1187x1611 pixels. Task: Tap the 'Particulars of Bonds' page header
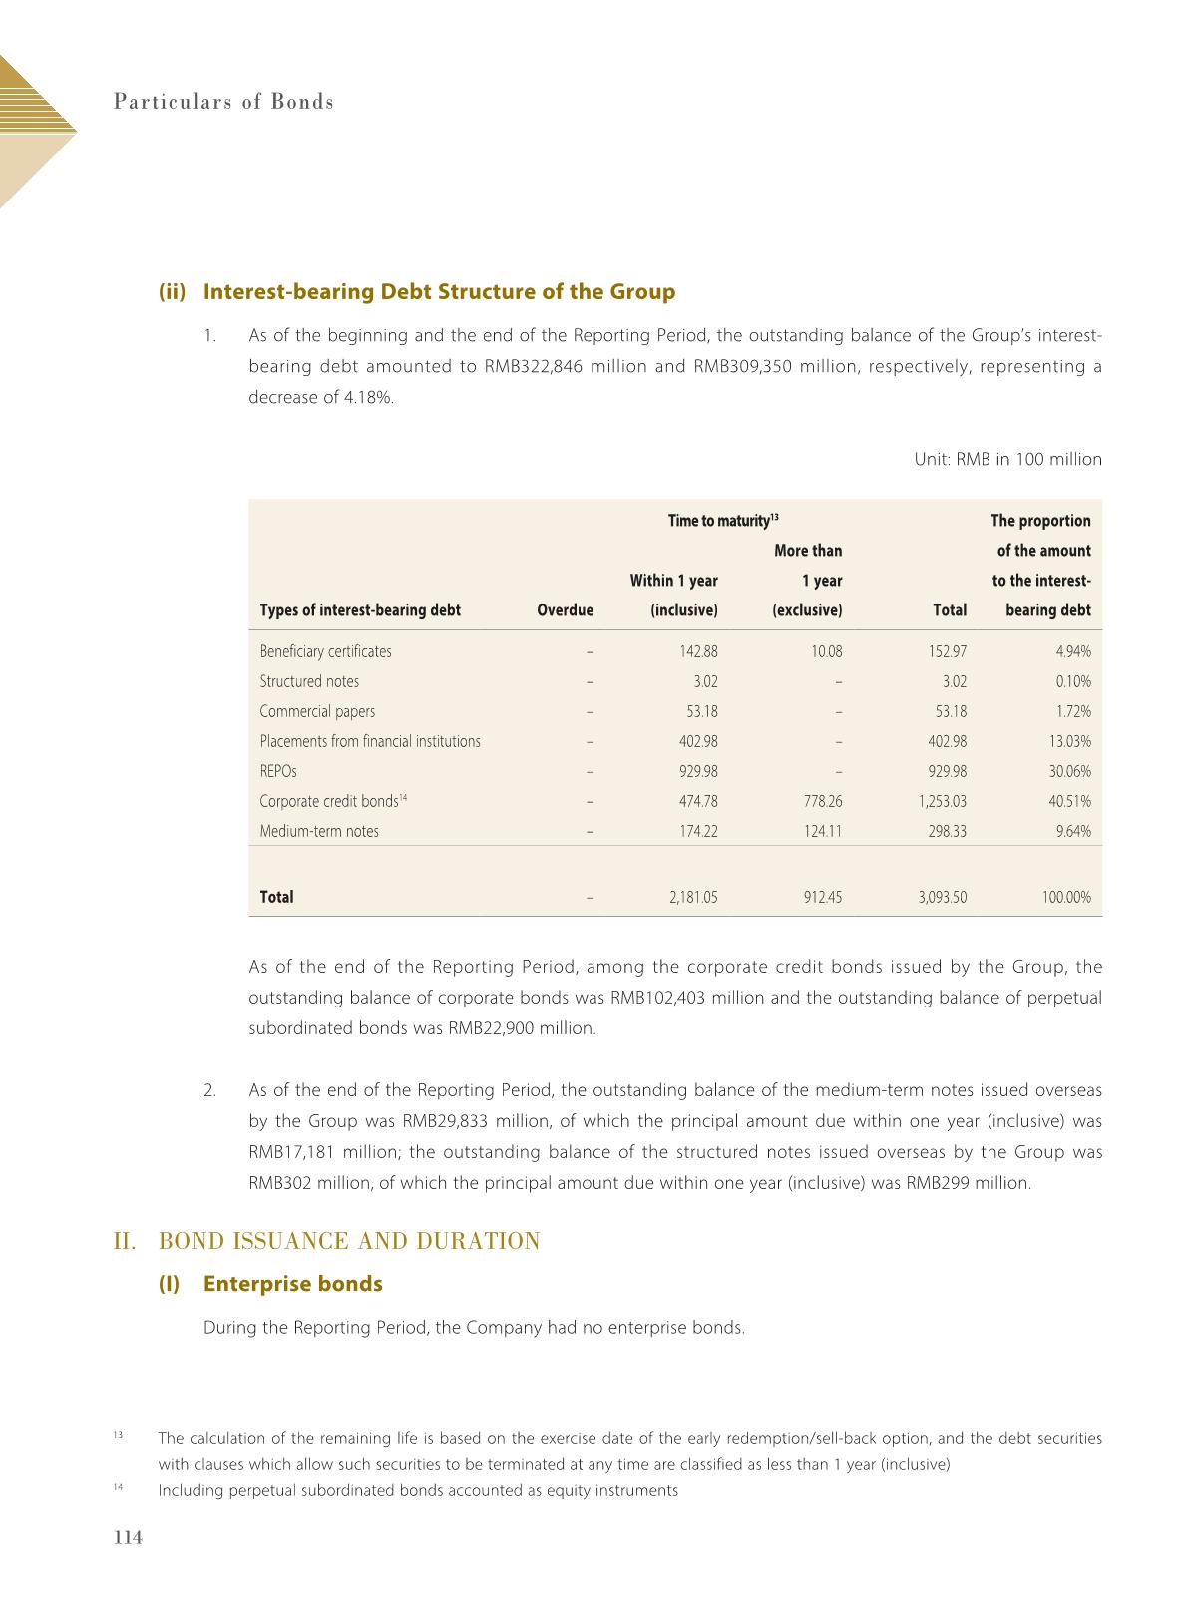click(x=223, y=102)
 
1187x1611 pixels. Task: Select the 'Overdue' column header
click(x=565, y=610)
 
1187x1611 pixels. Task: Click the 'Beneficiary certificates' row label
click(x=325, y=652)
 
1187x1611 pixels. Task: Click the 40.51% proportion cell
click(x=1070, y=802)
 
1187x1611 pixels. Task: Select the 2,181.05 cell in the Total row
click(x=692, y=898)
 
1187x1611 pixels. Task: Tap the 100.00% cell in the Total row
click(x=1066, y=898)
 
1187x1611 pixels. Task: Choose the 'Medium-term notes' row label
click(x=319, y=832)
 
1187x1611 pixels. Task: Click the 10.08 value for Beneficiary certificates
click(x=826, y=652)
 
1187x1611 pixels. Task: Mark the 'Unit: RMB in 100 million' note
click(x=1007, y=460)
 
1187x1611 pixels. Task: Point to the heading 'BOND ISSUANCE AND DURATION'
click(x=349, y=1242)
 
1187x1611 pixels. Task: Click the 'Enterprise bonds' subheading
click(x=292, y=1284)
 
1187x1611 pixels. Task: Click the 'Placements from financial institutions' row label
click(x=370, y=742)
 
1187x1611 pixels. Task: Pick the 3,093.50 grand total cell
click(x=942, y=898)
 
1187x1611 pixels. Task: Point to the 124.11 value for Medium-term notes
click(x=821, y=832)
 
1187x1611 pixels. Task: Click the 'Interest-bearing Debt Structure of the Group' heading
click(x=439, y=292)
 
